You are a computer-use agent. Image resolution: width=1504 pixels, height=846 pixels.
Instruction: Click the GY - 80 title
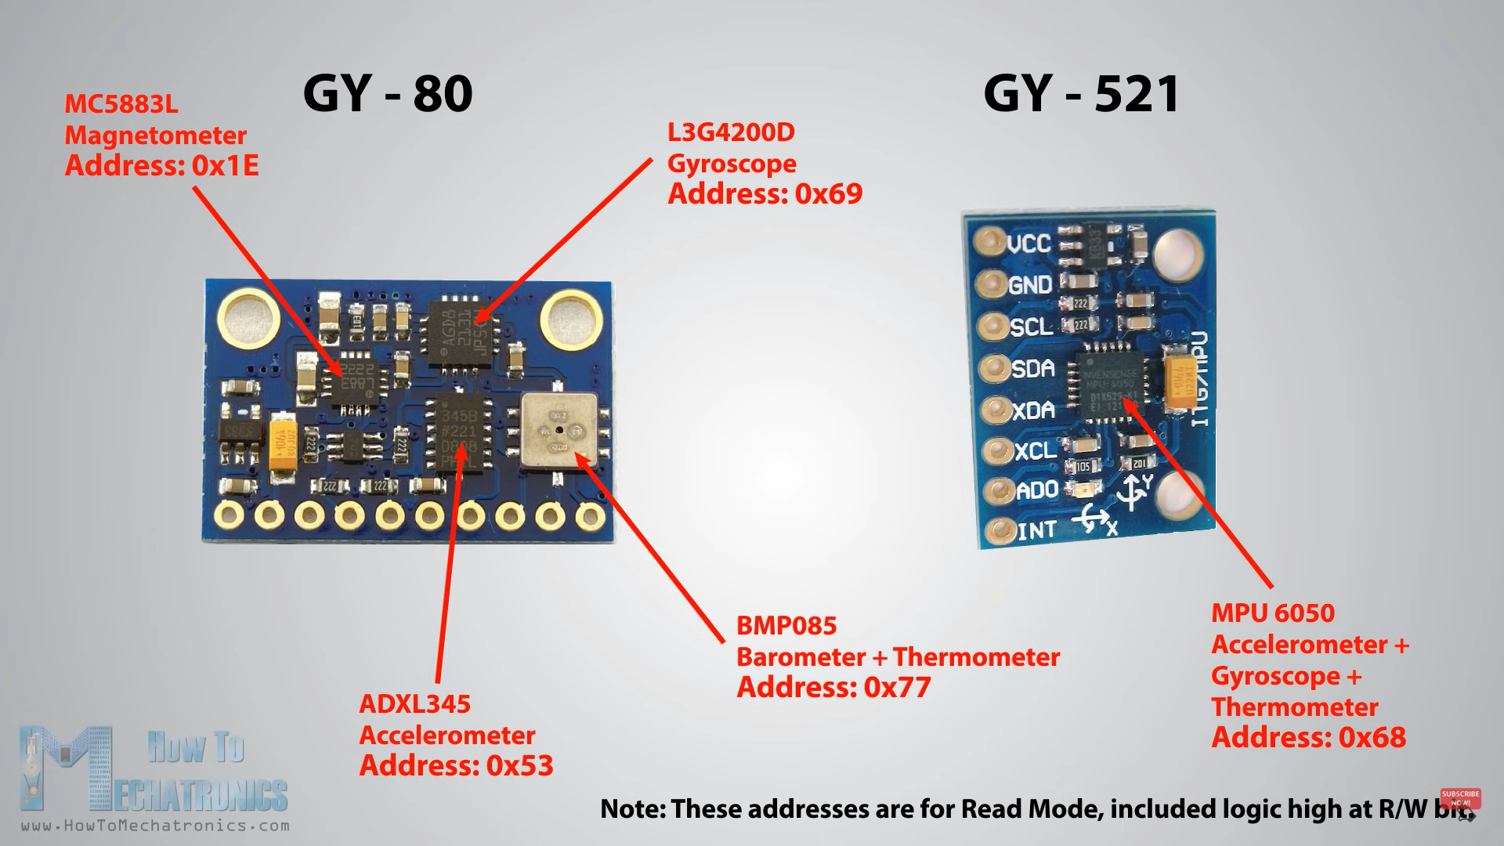tap(388, 94)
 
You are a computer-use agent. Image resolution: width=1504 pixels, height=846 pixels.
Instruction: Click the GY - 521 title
tap(1081, 94)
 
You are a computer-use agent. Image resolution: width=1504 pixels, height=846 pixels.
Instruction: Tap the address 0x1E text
tap(161, 166)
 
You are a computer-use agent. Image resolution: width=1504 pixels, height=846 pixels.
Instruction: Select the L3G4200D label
tap(731, 132)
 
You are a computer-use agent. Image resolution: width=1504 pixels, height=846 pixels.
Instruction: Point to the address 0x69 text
tap(765, 194)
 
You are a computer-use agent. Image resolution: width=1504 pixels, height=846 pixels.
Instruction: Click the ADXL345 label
tap(414, 704)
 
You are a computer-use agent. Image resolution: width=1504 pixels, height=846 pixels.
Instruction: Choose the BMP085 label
tap(786, 626)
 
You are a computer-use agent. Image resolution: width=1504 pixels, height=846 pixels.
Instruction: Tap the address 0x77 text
tap(833, 688)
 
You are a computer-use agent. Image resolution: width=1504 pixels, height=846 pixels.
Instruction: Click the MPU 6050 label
tap(1273, 613)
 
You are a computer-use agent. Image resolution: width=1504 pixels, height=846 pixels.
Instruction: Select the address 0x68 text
tap(1308, 738)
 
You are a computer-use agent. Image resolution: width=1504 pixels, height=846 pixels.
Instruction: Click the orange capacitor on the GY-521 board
tap(1179, 381)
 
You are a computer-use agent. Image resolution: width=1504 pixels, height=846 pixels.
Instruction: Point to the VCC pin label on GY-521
tap(1029, 244)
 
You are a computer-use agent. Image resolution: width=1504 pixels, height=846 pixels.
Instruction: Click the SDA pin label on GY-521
tap(1032, 368)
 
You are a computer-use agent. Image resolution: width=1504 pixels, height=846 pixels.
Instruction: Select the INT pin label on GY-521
tap(1036, 531)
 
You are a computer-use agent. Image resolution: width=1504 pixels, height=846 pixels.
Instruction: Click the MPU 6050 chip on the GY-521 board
tap(1111, 384)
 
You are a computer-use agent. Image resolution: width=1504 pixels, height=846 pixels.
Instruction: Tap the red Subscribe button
tap(1460, 797)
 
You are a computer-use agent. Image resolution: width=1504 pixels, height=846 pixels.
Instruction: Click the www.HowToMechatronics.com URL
tap(155, 826)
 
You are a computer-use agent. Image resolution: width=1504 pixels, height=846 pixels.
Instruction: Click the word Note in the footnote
tap(632, 809)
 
